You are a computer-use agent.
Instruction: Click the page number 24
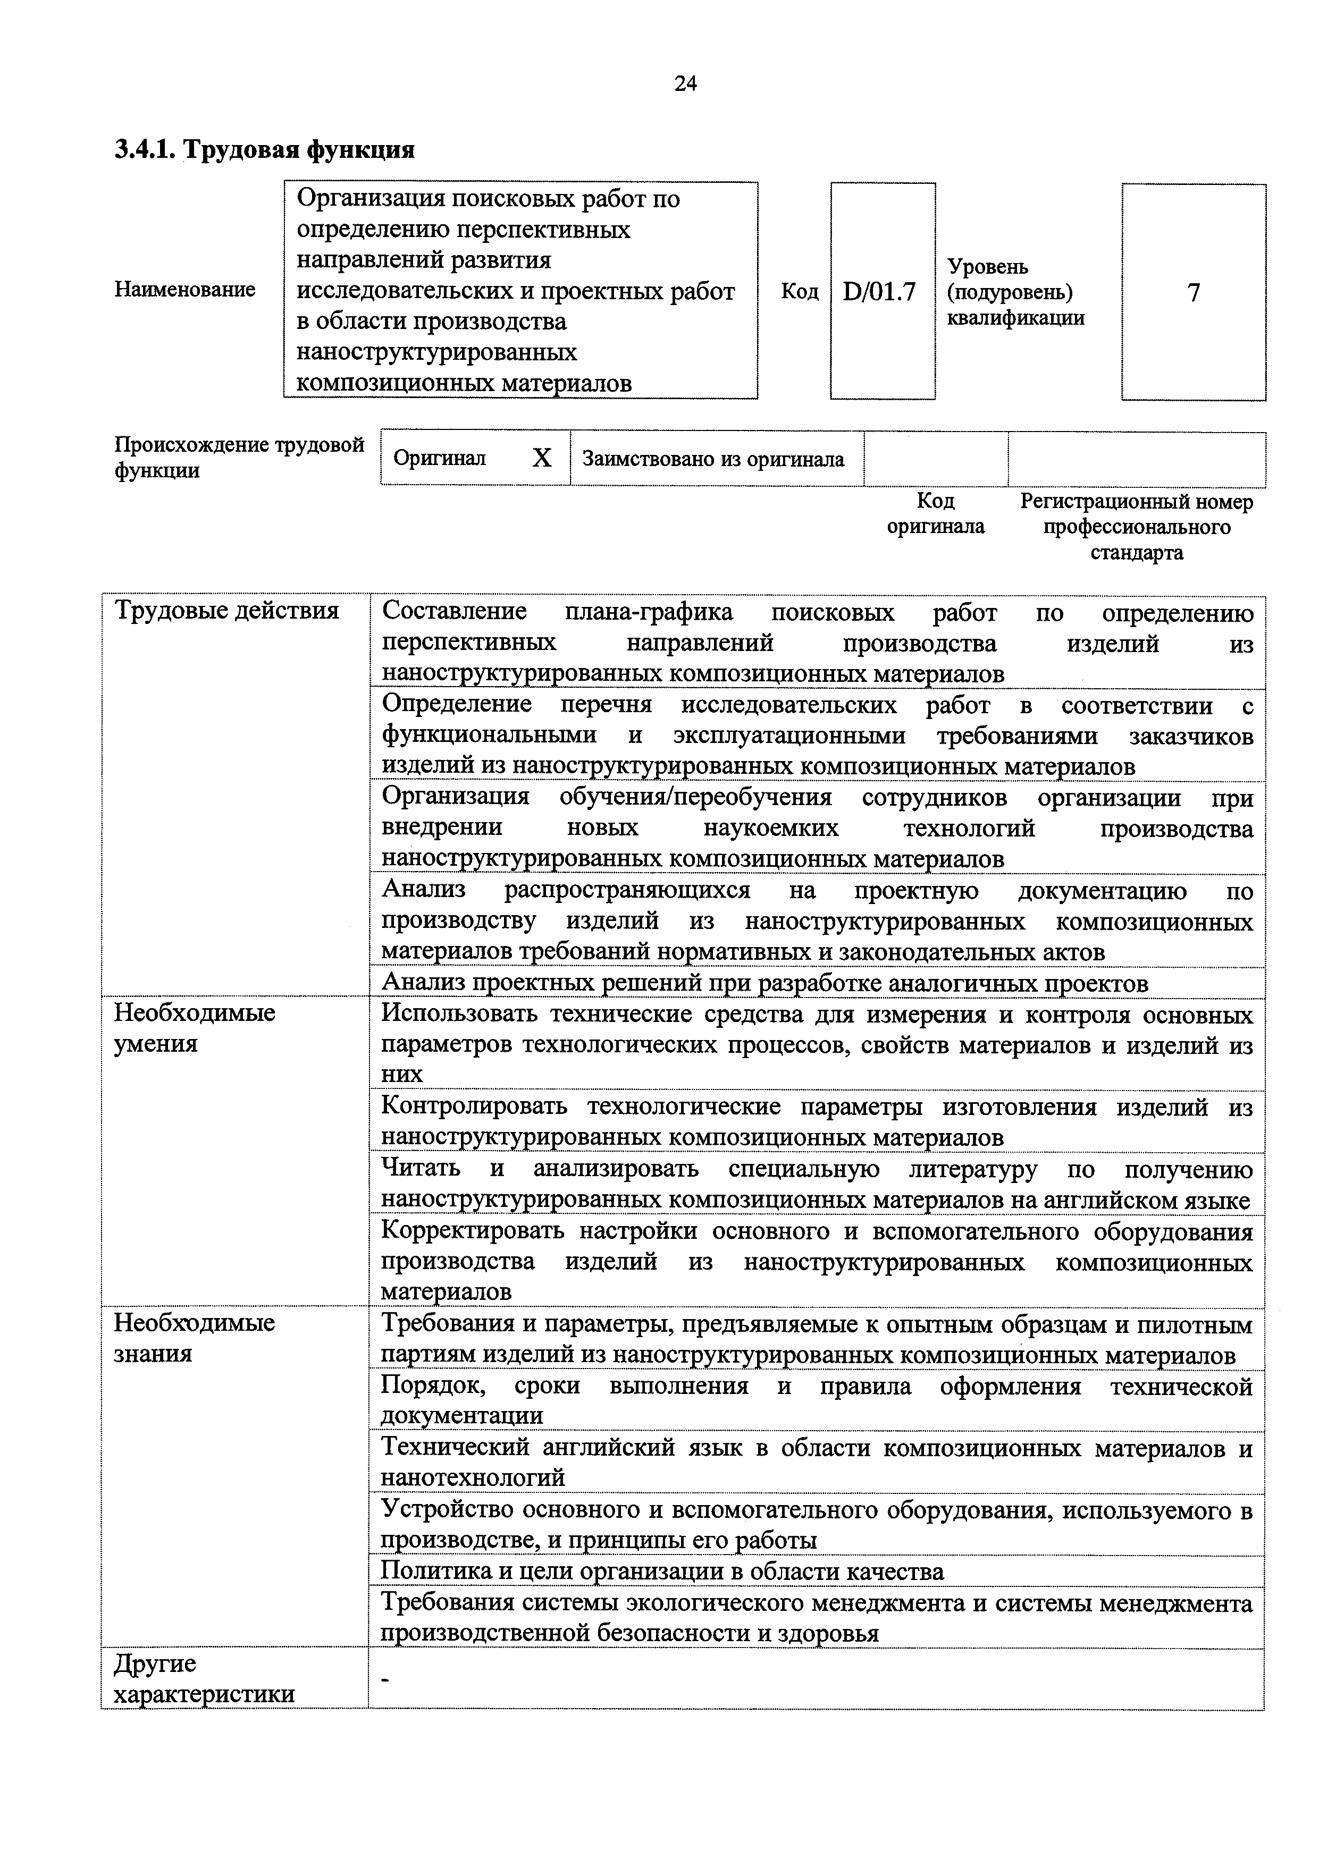[x=685, y=84]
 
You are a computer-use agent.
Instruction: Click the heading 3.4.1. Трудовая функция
[x=264, y=150]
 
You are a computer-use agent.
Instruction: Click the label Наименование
[x=184, y=290]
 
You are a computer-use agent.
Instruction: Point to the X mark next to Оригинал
[x=542, y=459]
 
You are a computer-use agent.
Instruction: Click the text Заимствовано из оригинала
[x=713, y=459]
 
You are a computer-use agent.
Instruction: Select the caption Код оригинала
[x=935, y=513]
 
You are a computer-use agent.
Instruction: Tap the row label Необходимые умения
[x=195, y=1028]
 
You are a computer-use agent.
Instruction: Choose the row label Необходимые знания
[x=195, y=1338]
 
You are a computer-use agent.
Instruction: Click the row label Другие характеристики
[x=203, y=1679]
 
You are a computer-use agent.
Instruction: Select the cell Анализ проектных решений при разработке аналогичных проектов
[x=764, y=984]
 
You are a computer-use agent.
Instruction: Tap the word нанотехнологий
[x=473, y=1477]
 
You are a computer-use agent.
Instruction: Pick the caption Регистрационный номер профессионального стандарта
[x=1136, y=527]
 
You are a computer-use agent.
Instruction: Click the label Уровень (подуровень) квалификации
[x=1015, y=292]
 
